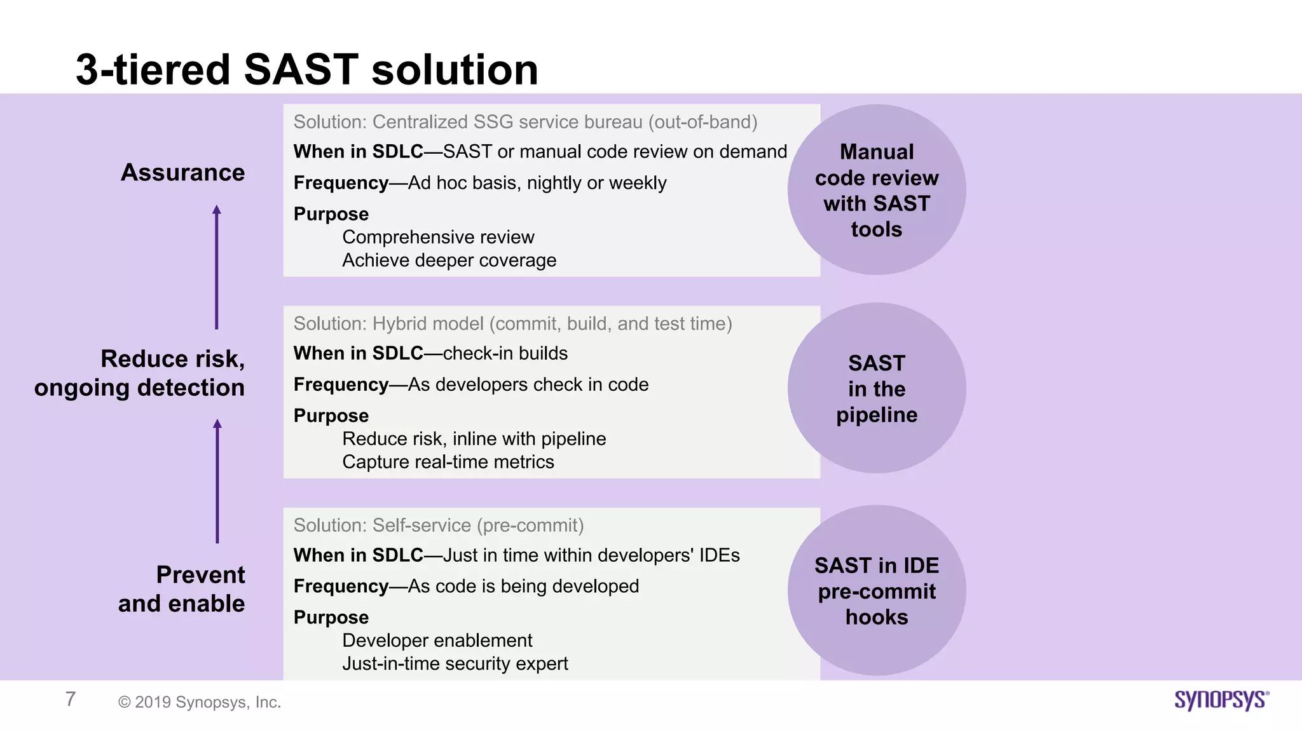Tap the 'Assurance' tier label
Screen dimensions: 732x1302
tap(182, 172)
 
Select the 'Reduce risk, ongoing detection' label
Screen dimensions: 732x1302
tap(140, 373)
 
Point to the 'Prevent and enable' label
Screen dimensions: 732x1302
tap(181, 588)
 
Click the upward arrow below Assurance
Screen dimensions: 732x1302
tap(217, 267)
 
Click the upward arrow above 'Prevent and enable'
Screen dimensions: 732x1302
tap(217, 481)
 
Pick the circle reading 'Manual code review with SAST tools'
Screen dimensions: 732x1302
tap(876, 190)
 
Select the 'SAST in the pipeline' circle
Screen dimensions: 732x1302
tap(876, 388)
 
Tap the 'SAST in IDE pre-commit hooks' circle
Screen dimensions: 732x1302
tap(876, 590)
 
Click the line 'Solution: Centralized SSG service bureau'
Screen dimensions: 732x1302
tap(525, 122)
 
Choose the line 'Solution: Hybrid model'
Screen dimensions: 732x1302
tap(512, 323)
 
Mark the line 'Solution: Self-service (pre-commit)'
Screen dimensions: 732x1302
tap(438, 525)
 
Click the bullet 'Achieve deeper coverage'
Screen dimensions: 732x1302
tap(449, 261)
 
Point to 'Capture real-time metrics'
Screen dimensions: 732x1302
tap(448, 462)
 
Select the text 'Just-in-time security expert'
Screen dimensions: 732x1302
tap(455, 663)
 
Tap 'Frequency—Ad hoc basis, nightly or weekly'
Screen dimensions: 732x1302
tap(479, 183)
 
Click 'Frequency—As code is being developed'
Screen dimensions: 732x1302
tap(466, 586)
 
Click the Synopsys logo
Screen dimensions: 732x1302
tap(1221, 700)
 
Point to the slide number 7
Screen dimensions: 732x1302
tap(71, 699)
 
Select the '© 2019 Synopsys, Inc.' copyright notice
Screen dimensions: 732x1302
tap(200, 702)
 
